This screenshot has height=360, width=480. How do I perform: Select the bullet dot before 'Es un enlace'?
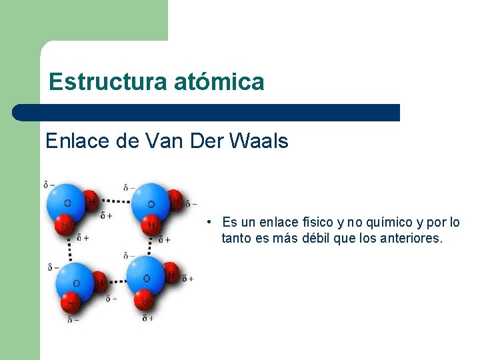[x=209, y=222]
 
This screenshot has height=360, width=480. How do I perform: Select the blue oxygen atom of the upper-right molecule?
[x=151, y=203]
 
